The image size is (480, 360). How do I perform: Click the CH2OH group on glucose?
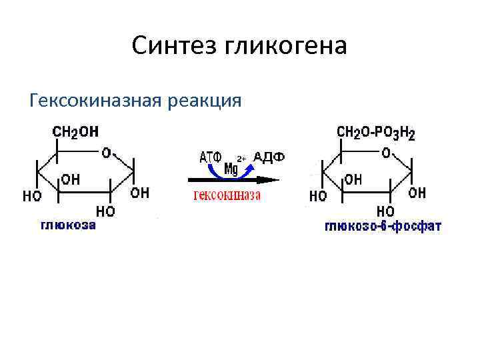[x=75, y=132]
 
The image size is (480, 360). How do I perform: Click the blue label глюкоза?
[x=69, y=225]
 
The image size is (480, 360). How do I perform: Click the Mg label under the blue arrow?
[x=231, y=168]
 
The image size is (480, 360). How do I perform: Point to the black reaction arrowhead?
[x=268, y=179]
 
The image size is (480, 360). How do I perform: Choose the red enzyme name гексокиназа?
[x=227, y=195]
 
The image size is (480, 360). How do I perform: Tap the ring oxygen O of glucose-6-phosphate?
[x=386, y=153]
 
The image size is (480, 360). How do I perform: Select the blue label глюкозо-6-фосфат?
[x=383, y=227]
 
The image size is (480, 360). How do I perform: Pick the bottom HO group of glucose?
[x=105, y=211]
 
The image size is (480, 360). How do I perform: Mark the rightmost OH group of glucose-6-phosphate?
[x=417, y=193]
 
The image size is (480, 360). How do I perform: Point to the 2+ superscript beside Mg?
[x=242, y=158]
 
